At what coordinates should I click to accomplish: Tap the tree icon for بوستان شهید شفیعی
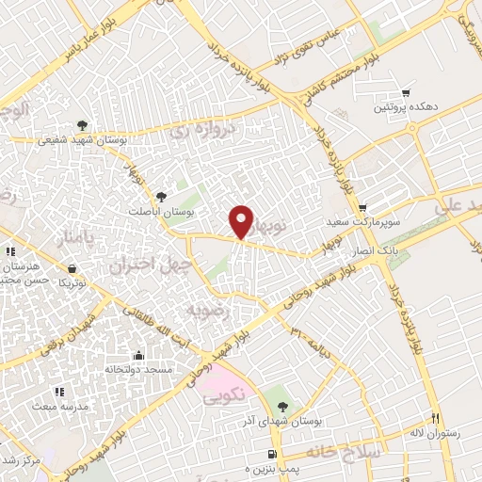(x=82, y=124)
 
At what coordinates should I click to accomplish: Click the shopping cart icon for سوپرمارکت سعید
(x=363, y=208)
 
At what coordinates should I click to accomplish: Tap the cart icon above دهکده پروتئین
(x=406, y=92)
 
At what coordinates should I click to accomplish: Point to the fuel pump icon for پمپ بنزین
(x=272, y=455)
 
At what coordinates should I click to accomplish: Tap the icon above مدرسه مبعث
(x=63, y=392)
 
